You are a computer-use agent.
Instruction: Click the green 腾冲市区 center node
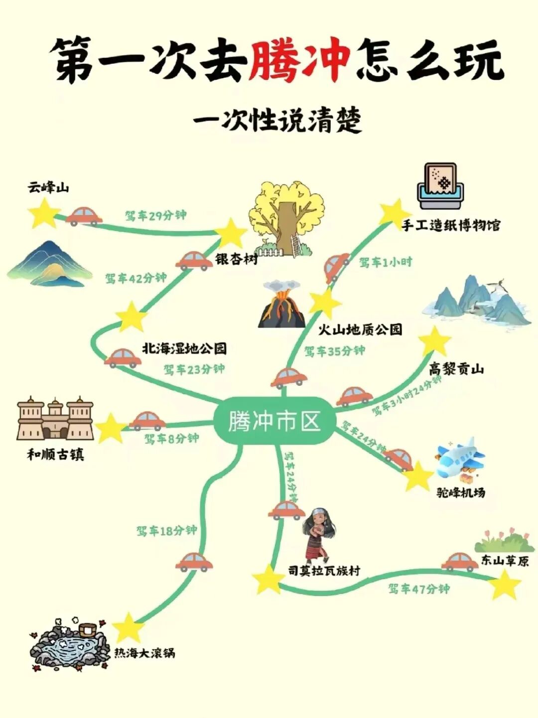click(x=274, y=421)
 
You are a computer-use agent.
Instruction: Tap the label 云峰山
click(x=48, y=188)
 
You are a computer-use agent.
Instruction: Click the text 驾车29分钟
click(x=155, y=216)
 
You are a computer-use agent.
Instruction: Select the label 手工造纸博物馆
click(x=451, y=225)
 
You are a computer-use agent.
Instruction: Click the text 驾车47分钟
click(x=419, y=589)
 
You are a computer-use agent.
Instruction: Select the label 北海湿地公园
click(x=184, y=348)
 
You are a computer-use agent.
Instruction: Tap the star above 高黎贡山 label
click(x=435, y=342)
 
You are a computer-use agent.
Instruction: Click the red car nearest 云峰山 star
click(x=84, y=216)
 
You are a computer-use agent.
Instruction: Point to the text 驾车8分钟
click(x=171, y=439)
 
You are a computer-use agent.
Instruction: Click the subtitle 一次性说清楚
click(x=277, y=120)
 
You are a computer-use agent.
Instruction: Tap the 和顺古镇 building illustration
click(x=55, y=419)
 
